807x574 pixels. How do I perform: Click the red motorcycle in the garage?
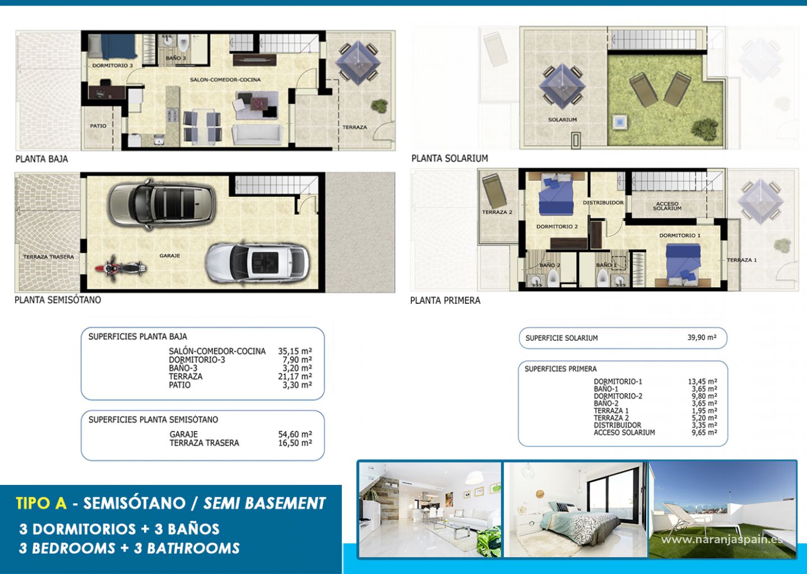120,267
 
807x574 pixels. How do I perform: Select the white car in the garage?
257,262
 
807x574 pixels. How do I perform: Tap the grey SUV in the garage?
162,204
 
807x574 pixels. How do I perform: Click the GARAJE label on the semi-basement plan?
170,256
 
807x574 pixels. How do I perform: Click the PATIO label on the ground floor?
98,126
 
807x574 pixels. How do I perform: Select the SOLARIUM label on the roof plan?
563,119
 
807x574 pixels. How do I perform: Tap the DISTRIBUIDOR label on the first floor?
603,202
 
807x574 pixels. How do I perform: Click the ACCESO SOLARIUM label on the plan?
667,206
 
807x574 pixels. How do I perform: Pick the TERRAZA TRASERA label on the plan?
49,257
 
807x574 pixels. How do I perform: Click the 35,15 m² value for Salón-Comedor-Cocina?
295,351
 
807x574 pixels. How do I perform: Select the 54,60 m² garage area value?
295,434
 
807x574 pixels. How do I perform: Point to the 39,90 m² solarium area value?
702,337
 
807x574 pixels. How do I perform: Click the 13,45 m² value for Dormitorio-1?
703,381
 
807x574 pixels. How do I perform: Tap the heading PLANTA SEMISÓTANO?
58,300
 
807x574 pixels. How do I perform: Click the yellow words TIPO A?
41,503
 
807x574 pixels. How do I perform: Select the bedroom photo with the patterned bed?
575,510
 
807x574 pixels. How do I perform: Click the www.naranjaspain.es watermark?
722,539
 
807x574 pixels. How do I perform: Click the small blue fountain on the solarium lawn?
620,123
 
